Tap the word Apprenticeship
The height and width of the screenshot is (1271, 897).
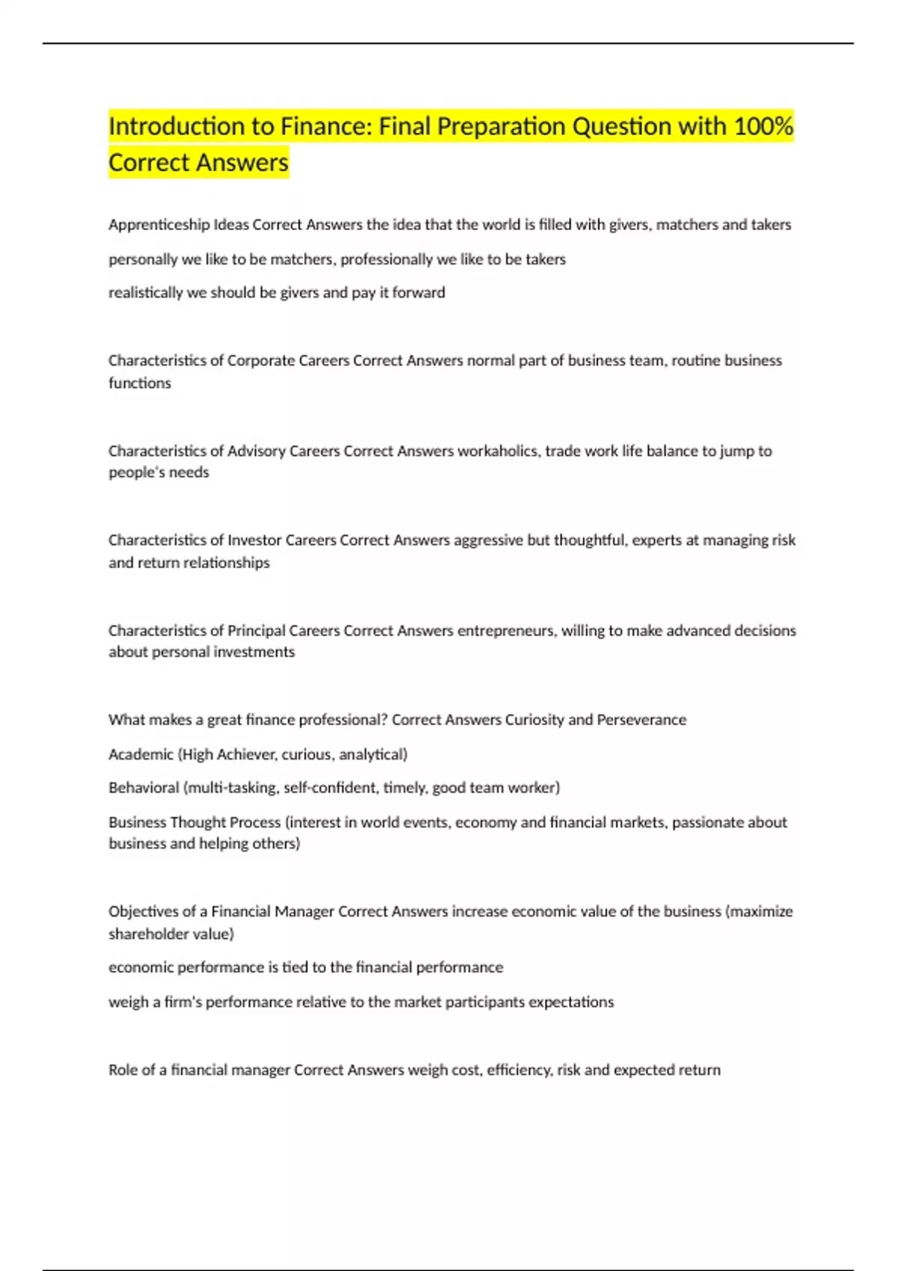coord(159,225)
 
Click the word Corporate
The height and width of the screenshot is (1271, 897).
coord(261,361)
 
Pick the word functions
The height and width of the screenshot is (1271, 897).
coord(140,384)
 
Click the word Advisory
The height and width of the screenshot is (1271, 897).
coord(256,451)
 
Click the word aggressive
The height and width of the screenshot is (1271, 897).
coord(488,541)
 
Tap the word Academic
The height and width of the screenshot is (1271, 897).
coord(141,754)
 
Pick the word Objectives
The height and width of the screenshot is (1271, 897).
coord(144,912)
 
